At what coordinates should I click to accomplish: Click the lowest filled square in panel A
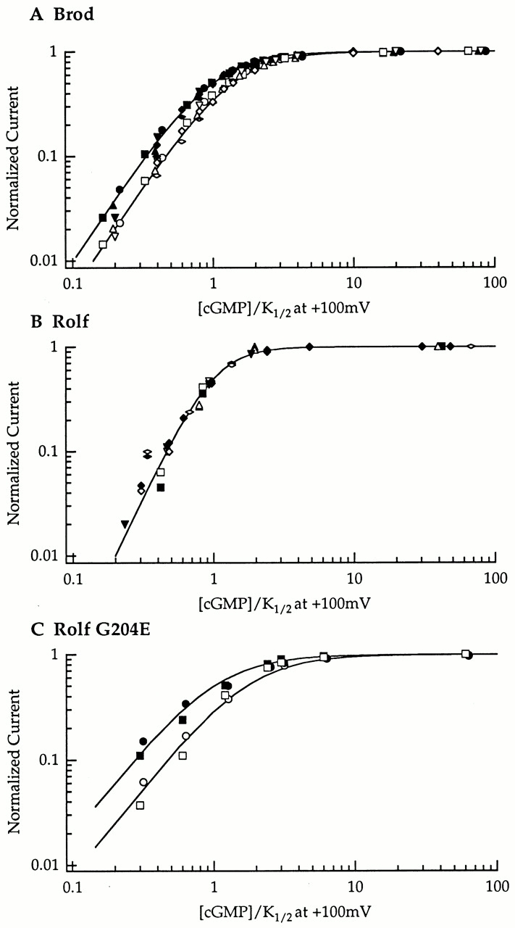click(103, 217)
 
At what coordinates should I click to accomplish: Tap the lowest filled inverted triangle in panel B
click(125, 523)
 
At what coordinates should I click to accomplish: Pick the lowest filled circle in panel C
click(143, 741)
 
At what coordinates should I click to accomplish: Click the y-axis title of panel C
click(14, 759)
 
